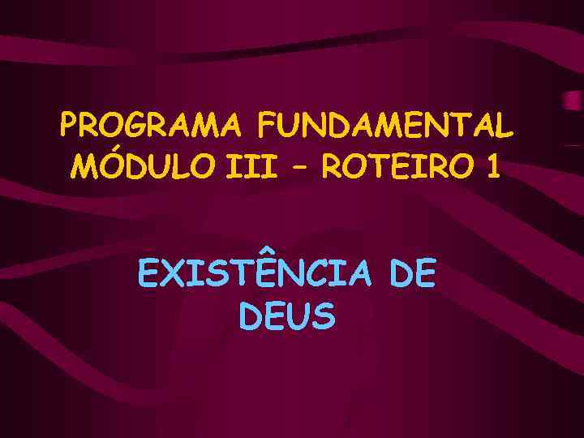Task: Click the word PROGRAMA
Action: (x=150, y=126)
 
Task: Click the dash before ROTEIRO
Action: (x=299, y=169)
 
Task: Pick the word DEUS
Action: (x=287, y=316)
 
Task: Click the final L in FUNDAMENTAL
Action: (x=505, y=126)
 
